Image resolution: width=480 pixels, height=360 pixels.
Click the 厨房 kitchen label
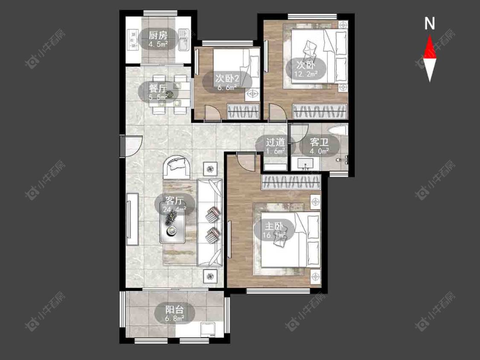click(158, 35)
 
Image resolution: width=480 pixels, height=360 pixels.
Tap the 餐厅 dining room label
click(158, 88)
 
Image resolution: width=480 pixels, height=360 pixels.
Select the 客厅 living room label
click(175, 201)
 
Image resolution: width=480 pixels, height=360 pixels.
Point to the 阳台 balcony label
click(175, 309)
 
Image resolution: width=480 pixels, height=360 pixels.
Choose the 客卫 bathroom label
click(319, 142)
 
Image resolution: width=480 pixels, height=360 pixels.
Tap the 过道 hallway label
click(275, 142)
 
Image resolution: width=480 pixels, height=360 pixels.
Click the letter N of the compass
click(430, 23)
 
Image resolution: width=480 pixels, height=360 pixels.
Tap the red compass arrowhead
click(430, 47)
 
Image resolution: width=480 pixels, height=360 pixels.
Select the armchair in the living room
click(177, 168)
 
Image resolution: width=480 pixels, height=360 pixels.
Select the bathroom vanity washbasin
click(305, 164)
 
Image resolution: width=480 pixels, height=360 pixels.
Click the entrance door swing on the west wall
click(132, 146)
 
